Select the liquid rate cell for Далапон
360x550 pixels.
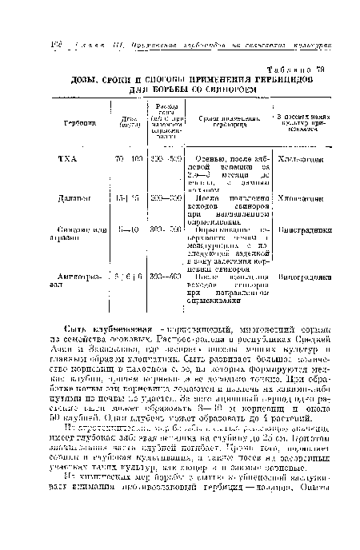tap(166, 197)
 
